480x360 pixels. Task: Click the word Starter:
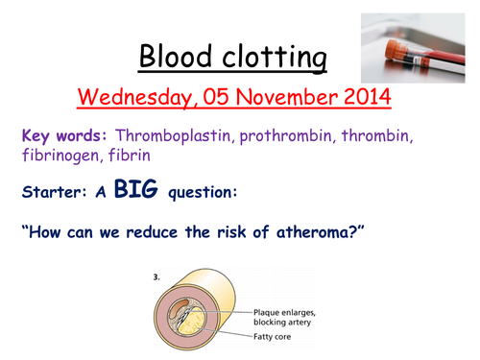pos(49,192)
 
